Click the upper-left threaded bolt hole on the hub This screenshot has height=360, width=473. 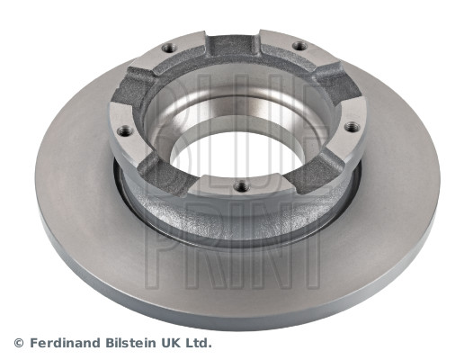click(x=169, y=48)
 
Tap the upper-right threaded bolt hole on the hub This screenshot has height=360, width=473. click(x=300, y=46)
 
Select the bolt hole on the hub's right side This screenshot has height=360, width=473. click(x=352, y=127)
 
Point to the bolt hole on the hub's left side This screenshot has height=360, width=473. click(x=125, y=131)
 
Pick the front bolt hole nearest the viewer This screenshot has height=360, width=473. click(x=242, y=186)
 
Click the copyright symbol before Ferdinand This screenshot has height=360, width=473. click(x=19, y=343)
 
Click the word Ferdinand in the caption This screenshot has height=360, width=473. click(x=66, y=343)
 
